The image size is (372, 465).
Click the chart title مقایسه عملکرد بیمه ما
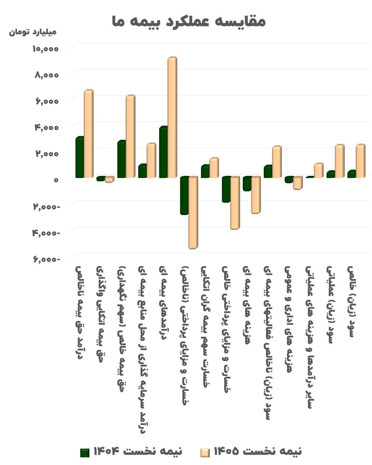click(x=189, y=21)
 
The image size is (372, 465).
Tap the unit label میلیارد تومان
click(x=33, y=32)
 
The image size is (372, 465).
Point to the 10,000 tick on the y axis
click(x=45, y=49)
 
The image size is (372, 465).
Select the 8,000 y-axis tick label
click(x=46, y=75)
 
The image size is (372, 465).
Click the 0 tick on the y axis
click(x=56, y=180)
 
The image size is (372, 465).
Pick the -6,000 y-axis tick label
click(x=46, y=259)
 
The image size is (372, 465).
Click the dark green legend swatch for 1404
click(x=85, y=453)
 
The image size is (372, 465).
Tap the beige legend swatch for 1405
click(x=205, y=453)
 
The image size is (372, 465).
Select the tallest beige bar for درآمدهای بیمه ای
click(x=172, y=117)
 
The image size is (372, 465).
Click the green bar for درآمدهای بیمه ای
click(x=163, y=152)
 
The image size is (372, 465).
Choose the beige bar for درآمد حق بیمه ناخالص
click(x=89, y=134)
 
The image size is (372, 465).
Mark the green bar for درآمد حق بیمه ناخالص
click(x=80, y=157)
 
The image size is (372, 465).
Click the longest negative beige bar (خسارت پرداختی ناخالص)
click(x=193, y=213)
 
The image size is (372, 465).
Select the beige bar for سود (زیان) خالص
click(x=360, y=161)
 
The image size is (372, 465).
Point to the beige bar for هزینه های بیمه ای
click(x=256, y=195)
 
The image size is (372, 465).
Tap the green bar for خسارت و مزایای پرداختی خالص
click(x=226, y=190)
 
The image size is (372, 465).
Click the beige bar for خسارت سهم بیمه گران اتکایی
click(x=214, y=168)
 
